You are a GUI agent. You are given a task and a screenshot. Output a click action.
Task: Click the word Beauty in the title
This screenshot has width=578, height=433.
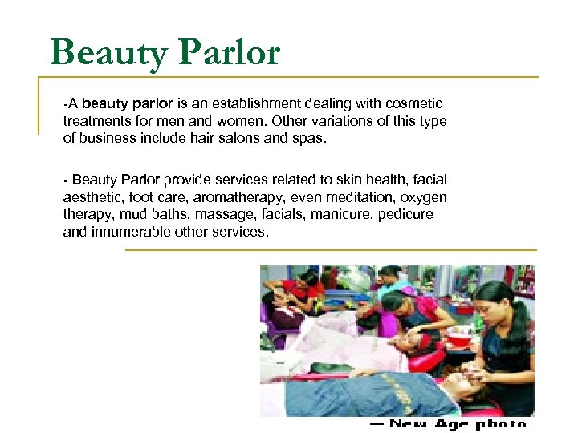pos(108,53)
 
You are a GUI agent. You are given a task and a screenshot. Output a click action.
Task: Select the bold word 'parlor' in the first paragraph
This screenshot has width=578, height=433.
pos(149,103)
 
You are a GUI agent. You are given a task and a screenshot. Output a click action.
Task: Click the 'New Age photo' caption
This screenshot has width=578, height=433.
pos(447,423)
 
